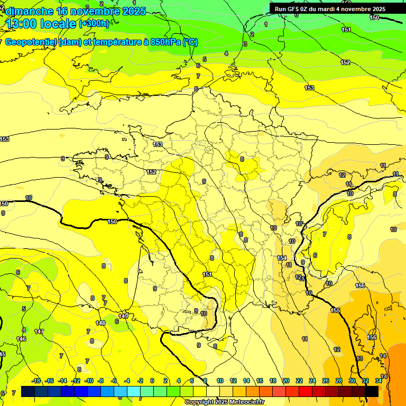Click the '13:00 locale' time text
(41, 24)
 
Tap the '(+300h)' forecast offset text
(95, 24)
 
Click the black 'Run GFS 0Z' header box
(330, 9)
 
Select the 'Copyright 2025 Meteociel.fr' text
(224, 402)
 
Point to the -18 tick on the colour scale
(36, 381)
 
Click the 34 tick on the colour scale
(379, 381)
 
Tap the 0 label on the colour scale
(152, 381)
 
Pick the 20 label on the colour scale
(286, 381)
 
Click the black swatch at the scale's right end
(372, 391)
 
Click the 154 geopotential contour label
(282, 258)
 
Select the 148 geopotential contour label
(100, 323)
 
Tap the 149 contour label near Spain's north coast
(123, 317)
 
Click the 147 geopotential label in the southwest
(39, 331)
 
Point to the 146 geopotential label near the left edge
(21, 339)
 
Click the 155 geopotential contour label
(335, 310)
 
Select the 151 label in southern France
(207, 274)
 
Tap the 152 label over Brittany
(151, 172)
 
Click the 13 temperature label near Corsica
(359, 358)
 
